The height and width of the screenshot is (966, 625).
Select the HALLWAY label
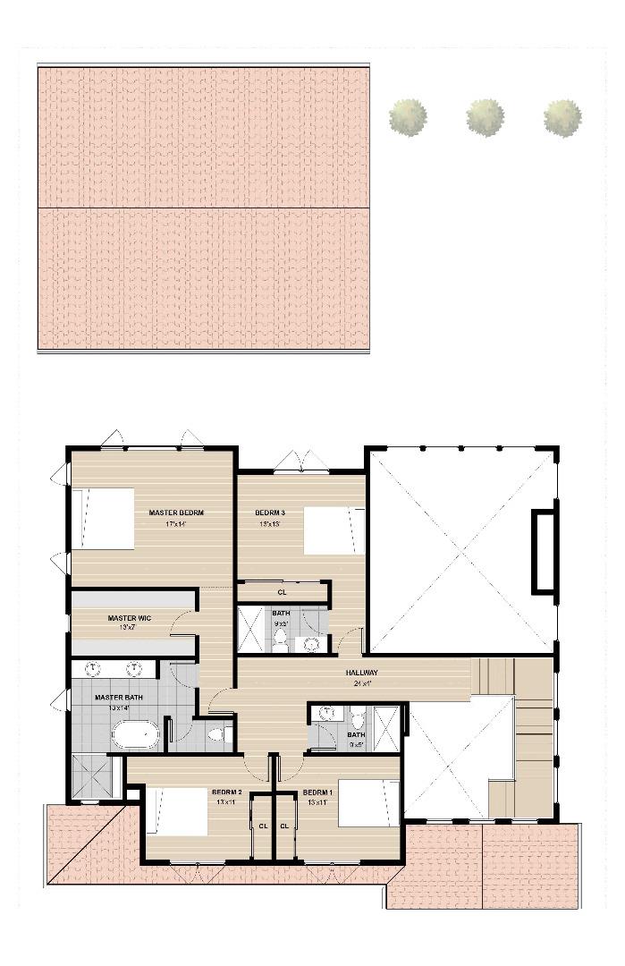pyautogui.click(x=362, y=673)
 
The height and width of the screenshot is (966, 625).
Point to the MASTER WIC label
pyautogui.click(x=129, y=618)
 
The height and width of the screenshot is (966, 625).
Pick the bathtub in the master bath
pyautogui.click(x=135, y=735)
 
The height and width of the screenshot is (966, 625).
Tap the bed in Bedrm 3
pyautogui.click(x=334, y=530)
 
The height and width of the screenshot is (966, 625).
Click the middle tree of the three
pyautogui.click(x=486, y=117)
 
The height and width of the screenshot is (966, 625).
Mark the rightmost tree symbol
pyautogui.click(x=562, y=117)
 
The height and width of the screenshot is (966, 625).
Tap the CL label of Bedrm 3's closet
pyautogui.click(x=282, y=592)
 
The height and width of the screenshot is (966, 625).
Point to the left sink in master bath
pyautogui.click(x=94, y=668)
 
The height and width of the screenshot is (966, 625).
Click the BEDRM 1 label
pyautogui.click(x=317, y=792)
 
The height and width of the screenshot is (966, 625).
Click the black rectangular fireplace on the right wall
pyautogui.click(x=543, y=551)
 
